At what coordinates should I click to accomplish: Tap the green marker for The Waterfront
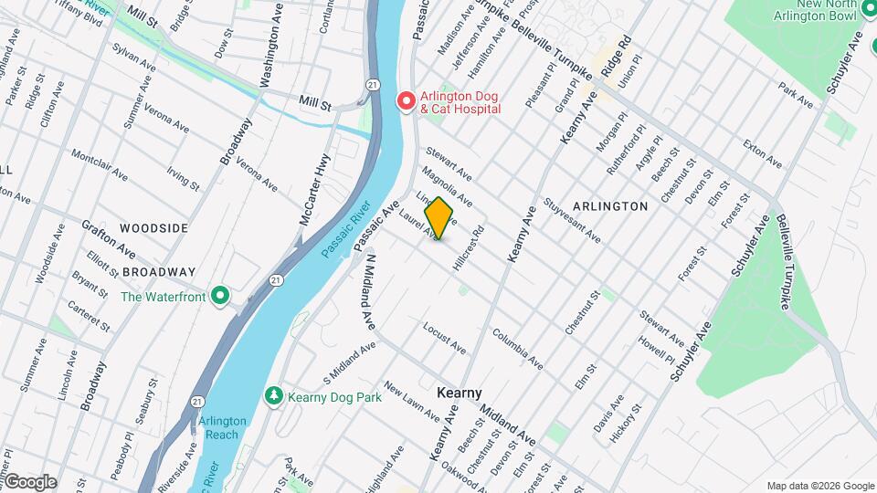click(x=219, y=296)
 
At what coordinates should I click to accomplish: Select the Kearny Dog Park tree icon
click(x=272, y=396)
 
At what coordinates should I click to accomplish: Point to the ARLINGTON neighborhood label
click(x=611, y=206)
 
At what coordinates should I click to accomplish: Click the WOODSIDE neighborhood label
click(x=153, y=227)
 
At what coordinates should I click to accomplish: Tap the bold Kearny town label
click(x=459, y=393)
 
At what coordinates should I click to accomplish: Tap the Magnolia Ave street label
click(x=447, y=185)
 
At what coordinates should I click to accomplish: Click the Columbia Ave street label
click(x=518, y=350)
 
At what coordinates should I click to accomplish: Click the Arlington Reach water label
click(x=222, y=427)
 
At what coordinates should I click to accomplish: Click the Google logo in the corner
click(x=30, y=481)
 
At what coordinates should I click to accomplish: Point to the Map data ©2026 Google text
click(x=819, y=486)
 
